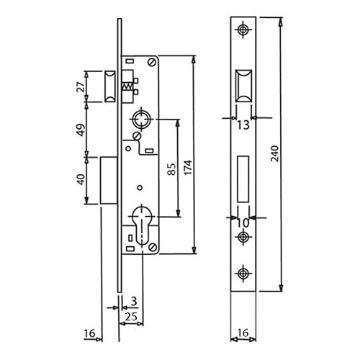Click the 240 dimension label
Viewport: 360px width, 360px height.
point(275,153)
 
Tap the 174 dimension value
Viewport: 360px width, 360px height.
point(188,167)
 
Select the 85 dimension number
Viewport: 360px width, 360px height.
point(172,169)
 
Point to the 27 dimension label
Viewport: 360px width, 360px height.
point(81,87)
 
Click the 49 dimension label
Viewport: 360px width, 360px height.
point(81,130)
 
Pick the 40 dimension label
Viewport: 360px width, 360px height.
point(81,179)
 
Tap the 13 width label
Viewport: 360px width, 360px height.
point(243,125)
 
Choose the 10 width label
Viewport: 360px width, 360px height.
point(243,223)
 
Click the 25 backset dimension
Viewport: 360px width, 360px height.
point(131,317)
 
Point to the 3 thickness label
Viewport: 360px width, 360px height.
point(134,301)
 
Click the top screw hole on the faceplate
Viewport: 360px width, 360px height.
point(243,30)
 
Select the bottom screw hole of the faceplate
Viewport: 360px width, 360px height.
point(243,274)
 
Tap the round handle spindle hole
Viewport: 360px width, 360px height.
point(142,119)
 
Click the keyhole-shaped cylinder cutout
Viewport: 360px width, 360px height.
point(142,225)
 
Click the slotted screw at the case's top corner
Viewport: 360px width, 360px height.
point(152,63)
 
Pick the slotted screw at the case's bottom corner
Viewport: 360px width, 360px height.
point(153,247)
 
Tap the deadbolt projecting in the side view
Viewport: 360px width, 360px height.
point(109,180)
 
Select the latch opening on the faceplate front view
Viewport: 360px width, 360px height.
point(243,87)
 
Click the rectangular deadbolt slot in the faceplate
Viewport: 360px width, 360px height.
point(243,179)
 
